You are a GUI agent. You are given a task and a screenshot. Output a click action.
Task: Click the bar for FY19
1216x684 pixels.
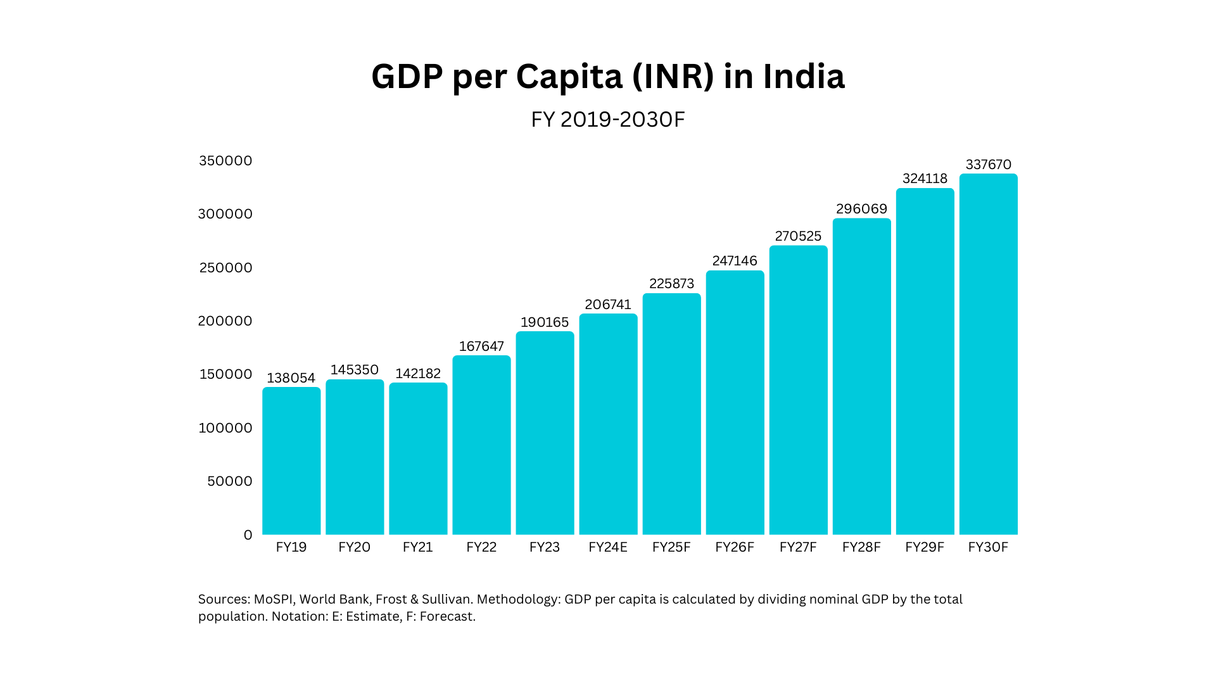[291, 461]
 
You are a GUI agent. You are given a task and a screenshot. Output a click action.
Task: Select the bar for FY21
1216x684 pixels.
[418, 459]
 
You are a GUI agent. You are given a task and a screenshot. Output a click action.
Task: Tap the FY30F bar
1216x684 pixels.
[988, 355]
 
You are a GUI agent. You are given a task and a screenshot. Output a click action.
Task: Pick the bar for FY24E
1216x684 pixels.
[608, 424]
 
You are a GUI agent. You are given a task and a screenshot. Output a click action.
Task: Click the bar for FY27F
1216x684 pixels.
[798, 390]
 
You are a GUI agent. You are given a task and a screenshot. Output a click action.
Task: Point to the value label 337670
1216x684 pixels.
[988, 165]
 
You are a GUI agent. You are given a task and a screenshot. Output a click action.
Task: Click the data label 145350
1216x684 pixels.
[355, 370]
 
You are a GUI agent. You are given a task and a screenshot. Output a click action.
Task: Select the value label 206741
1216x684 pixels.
[608, 305]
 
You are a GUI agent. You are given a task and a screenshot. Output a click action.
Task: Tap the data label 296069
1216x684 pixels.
[861, 209]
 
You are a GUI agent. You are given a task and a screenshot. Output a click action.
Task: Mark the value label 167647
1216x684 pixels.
[481, 346]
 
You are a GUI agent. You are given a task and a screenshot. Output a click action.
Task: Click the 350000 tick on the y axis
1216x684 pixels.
[225, 161]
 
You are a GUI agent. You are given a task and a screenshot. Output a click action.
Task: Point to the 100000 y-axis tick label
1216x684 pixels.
[225, 428]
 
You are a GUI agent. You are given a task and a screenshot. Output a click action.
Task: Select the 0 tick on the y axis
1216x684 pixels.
[248, 535]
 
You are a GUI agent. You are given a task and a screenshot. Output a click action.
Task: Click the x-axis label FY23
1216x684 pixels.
[545, 547]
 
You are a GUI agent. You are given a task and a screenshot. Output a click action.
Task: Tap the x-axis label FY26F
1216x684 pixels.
[735, 547]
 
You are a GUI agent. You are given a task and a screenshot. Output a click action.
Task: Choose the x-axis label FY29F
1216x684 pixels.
[925, 547]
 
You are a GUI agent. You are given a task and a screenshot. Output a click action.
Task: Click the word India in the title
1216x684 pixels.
[803, 77]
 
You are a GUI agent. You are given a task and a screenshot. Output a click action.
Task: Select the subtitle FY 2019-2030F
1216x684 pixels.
[608, 119]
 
